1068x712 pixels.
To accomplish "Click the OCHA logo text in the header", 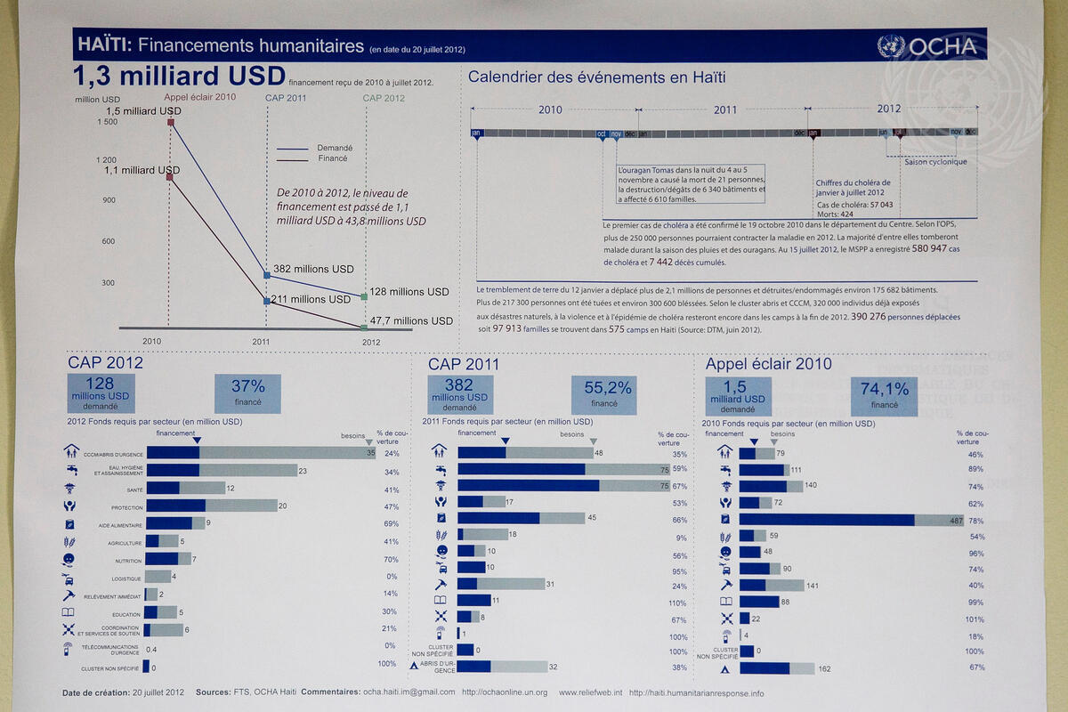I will tap(943, 46).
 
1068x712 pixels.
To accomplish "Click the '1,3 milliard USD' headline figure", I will tap(179, 76).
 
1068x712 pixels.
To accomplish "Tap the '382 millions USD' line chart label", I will tap(313, 269).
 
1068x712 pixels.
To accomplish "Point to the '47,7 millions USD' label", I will tap(410, 320).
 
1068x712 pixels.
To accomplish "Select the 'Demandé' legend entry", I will tap(335, 148).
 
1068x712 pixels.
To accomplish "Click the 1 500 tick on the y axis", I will tap(104, 122).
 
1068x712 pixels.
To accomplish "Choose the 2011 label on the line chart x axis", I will tap(262, 341).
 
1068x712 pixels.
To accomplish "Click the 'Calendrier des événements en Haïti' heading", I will tap(597, 77).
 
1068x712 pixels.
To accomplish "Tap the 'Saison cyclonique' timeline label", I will tap(935, 162).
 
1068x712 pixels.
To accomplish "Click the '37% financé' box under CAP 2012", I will tap(247, 393).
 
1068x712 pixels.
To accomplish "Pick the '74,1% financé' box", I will tap(884, 394).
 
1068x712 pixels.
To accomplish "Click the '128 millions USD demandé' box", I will tap(100, 393).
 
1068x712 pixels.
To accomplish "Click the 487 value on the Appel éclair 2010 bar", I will tap(956, 521).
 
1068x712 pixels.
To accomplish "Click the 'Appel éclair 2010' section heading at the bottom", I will tap(768, 364).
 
